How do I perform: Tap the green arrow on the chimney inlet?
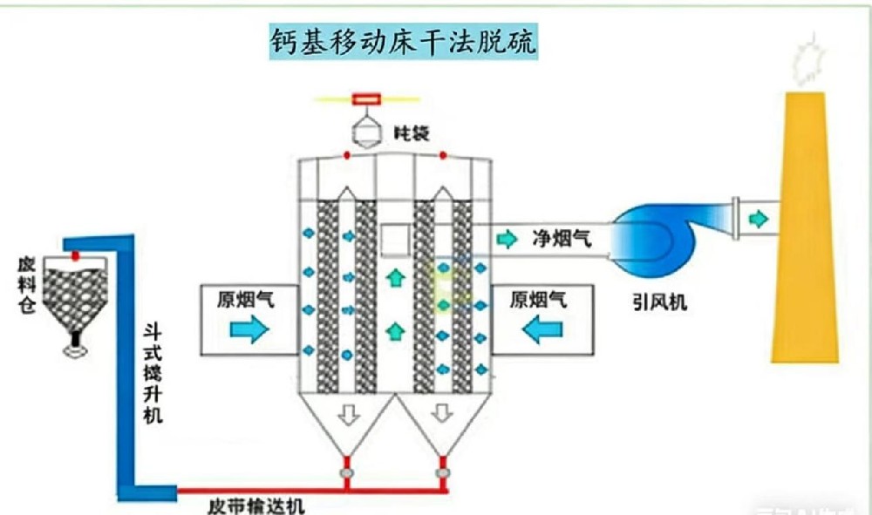point(760,219)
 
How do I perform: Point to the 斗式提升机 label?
point(154,374)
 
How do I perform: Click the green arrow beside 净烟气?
point(506,238)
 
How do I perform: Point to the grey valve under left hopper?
point(347,472)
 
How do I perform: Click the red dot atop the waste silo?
point(76,256)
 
